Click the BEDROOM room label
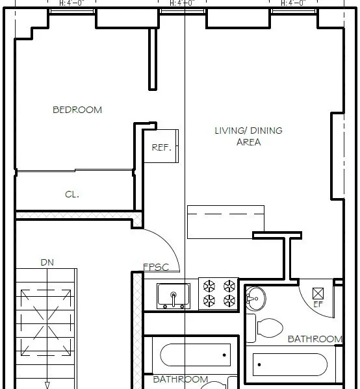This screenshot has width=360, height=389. click(x=77, y=110)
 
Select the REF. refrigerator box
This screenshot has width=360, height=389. click(x=161, y=147)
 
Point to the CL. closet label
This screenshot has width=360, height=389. click(x=72, y=194)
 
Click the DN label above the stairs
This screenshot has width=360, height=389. click(x=47, y=262)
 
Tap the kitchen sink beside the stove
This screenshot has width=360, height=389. click(x=174, y=296)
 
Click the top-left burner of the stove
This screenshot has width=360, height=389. click(x=210, y=286)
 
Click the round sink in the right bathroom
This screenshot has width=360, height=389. click(x=255, y=299)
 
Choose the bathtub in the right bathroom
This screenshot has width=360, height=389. click(x=289, y=364)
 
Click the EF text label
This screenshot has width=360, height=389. click(x=318, y=303)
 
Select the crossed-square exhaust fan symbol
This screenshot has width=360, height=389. click(x=318, y=292)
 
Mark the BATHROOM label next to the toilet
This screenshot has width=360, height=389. click(x=315, y=339)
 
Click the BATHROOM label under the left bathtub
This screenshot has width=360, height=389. click(x=180, y=379)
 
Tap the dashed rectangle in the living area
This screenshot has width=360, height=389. click(x=225, y=221)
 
